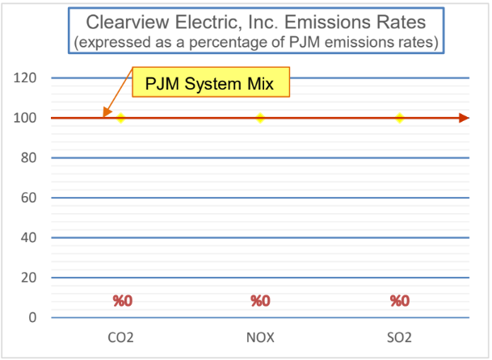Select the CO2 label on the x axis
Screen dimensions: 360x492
(121, 337)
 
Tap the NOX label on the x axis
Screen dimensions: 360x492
(260, 337)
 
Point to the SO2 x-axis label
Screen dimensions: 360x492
(400, 337)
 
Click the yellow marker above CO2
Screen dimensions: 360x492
(121, 118)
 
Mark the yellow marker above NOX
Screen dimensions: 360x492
(260, 118)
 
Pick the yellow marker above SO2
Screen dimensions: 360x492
(400, 118)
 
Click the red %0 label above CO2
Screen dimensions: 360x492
(122, 301)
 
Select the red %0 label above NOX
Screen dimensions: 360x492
(260, 301)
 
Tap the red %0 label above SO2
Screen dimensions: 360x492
(400, 301)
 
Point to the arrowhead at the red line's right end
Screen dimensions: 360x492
(463, 118)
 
